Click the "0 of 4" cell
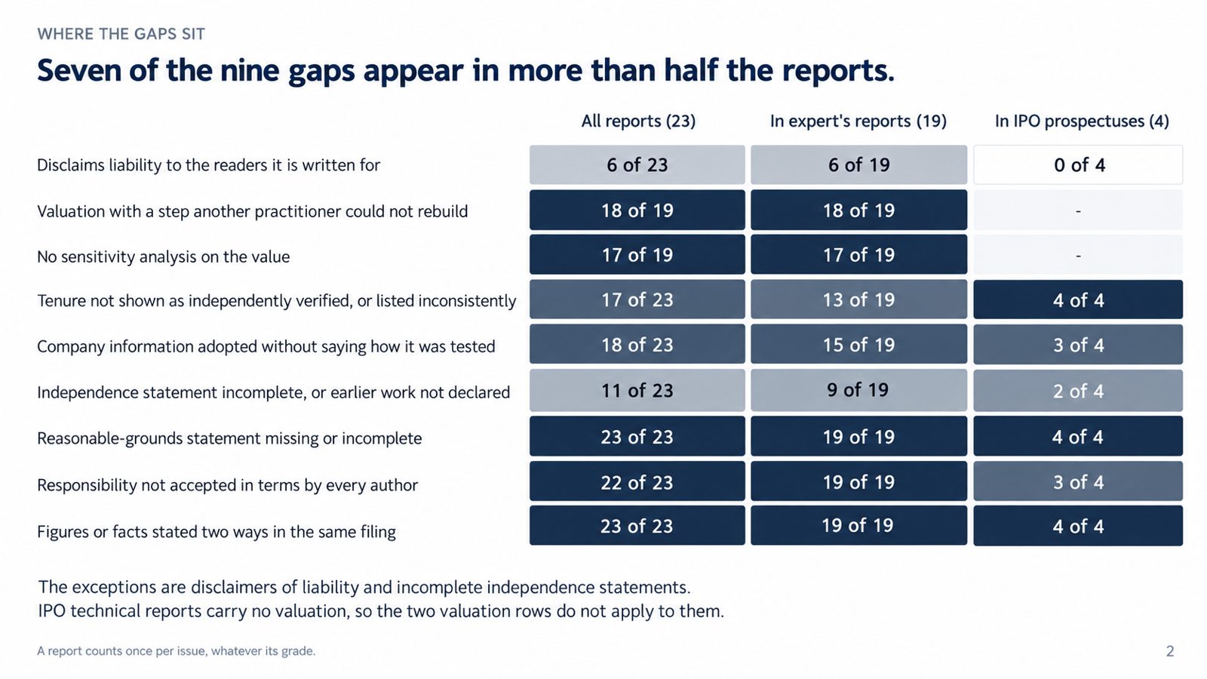1078,165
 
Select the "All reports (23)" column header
638,121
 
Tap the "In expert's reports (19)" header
858,121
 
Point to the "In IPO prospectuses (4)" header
1082,121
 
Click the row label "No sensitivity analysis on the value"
163,257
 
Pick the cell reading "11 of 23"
637,390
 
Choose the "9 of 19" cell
859,390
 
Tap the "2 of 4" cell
1078,390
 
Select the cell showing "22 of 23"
637,482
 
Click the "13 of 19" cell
859,299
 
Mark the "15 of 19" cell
859,344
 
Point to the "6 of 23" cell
637,165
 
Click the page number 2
1170,651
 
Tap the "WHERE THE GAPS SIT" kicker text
121,34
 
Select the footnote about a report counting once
177,651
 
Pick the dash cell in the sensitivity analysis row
1078,254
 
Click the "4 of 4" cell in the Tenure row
1078,299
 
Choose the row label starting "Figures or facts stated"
216,532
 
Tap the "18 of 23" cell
637,344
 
